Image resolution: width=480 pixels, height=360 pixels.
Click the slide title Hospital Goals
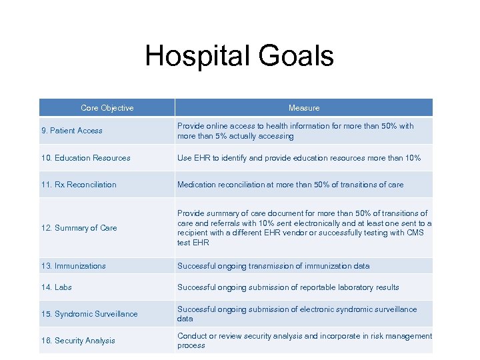239,56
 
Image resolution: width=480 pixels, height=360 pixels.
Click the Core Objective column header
107,108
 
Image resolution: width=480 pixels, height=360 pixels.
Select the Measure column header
304,108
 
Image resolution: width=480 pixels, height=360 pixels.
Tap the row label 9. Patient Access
72,131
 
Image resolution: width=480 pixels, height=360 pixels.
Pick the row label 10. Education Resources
86,158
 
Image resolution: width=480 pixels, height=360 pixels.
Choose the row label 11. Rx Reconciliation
79,185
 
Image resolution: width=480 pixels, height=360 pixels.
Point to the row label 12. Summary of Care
79,228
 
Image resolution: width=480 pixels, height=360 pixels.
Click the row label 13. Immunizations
73,266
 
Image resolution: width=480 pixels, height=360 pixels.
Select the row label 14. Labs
57,287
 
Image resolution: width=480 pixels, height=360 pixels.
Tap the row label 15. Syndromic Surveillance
89,314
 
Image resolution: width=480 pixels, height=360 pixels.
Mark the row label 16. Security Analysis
78,341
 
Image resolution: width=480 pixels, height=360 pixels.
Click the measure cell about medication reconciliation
290,185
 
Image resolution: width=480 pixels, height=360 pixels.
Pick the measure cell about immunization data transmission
273,266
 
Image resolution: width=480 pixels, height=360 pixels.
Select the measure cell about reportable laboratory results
288,287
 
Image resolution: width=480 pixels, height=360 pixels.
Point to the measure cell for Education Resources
299,158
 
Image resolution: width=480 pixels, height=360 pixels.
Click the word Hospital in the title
194,56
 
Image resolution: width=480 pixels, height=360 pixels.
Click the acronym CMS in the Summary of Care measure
414,233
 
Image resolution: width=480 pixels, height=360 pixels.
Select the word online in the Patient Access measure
220,126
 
